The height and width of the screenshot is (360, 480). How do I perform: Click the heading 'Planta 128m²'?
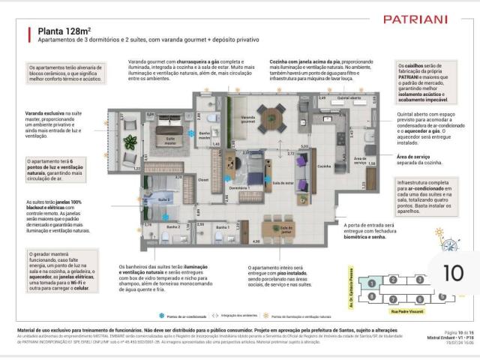59,31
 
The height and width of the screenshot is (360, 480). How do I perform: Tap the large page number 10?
454,273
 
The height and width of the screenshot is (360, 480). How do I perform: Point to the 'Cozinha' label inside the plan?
324,166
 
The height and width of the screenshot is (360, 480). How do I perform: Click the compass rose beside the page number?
450,244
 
